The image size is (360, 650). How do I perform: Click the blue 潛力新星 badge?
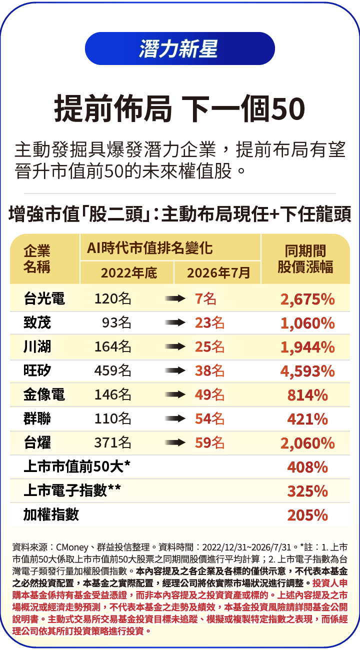pos(180,48)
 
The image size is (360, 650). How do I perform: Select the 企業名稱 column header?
pos(37,259)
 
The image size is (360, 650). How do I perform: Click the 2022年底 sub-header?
pos(129,273)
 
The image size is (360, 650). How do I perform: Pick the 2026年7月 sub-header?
pos(218,273)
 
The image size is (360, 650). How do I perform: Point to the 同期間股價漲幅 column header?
pos(305,259)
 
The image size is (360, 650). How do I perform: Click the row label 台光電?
pos(44,298)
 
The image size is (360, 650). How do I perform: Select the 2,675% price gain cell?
pos(307,299)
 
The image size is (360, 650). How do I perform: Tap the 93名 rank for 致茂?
pos(116,322)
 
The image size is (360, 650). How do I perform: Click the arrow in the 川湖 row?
pos(175,346)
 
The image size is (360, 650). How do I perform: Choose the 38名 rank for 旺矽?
pos(209,370)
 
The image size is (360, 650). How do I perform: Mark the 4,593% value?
pos(307,371)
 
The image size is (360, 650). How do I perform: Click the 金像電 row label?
pos(44,394)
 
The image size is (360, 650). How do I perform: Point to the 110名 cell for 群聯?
pos(113,418)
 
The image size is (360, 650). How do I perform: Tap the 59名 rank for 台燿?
pos(209,443)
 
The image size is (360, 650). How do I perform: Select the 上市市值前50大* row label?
pos(77,466)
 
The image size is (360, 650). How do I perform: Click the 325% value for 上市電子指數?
pos(307,491)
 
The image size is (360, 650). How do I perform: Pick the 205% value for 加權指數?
pos(307,515)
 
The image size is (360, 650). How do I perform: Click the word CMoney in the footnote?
pos(72,547)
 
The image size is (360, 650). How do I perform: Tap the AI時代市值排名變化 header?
pos(149,248)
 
